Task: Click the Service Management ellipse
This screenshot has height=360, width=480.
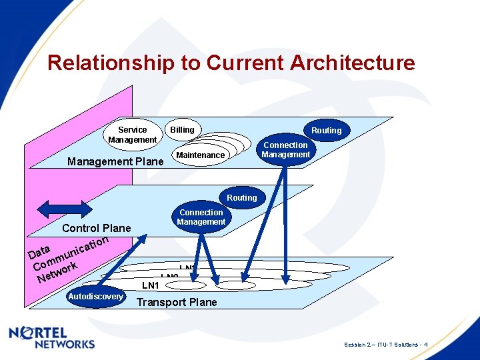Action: pos(132,135)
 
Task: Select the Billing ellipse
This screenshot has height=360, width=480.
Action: pos(182,130)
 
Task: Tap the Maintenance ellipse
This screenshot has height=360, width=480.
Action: pos(200,155)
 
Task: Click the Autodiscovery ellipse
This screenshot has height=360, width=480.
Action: pos(96,297)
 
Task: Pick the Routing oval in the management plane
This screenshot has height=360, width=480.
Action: pos(326,131)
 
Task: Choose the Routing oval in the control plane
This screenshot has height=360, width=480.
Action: pos(241,198)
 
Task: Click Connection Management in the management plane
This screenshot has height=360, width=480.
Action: pos(285,150)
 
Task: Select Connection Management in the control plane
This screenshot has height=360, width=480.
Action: pos(201,217)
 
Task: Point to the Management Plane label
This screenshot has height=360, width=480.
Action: pos(115,162)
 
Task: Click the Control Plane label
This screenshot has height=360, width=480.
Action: pos(96,229)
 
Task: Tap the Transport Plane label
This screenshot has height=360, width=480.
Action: pos(177,303)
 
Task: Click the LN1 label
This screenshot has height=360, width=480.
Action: pos(151,286)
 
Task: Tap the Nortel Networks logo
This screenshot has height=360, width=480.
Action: pos(52,337)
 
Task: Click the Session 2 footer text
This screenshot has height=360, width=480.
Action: pos(386,345)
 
